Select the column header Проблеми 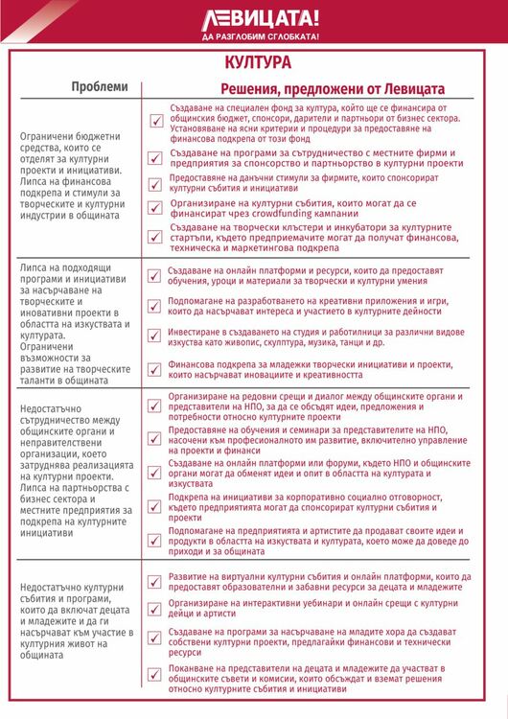pos(100,87)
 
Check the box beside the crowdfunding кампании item pos(154,206)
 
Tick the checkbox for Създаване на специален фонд pos(154,122)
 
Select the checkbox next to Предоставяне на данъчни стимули pos(154,184)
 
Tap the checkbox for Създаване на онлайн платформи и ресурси pos(154,276)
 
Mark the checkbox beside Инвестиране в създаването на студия pos(154,336)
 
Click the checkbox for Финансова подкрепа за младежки pos(154,369)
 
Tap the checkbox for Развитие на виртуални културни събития pos(154,581)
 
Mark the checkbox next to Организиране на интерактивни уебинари pos(154,609)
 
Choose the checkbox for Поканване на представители pos(154,674)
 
